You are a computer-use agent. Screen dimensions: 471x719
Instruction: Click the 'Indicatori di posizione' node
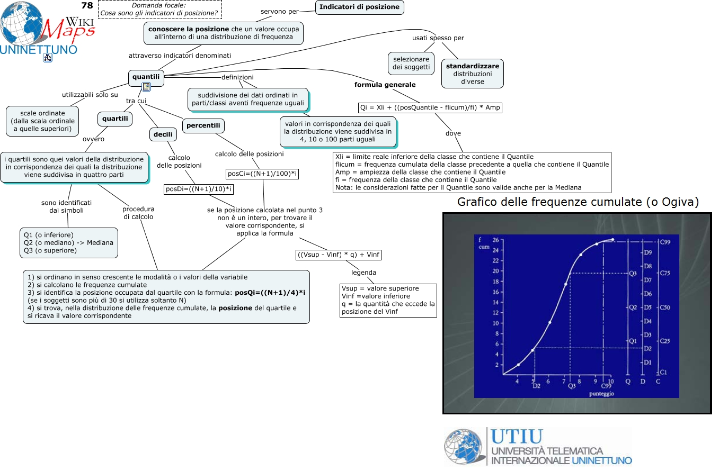coord(359,7)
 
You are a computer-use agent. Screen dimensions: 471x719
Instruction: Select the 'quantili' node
coord(146,77)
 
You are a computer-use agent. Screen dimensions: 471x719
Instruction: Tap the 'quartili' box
coord(115,119)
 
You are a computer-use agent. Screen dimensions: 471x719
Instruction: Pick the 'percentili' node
coord(203,126)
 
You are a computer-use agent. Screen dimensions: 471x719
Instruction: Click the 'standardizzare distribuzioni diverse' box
coord(472,74)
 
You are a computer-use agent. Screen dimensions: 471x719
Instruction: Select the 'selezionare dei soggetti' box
coord(411,64)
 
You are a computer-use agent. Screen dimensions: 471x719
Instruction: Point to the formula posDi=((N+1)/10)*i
coord(199,189)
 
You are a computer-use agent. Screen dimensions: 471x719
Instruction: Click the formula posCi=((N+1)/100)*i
coord(263,174)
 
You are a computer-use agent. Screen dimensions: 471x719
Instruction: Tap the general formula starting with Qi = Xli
coord(430,107)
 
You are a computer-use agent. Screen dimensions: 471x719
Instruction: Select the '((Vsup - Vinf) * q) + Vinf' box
coord(339,255)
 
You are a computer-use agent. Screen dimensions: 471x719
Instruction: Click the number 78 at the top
coord(87,6)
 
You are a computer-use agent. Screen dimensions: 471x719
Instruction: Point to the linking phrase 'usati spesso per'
coord(438,38)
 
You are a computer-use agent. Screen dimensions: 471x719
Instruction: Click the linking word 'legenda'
coord(363,273)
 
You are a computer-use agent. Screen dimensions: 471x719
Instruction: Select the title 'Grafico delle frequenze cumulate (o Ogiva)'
coord(578,202)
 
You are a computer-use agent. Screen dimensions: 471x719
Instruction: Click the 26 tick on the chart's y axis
coord(495,240)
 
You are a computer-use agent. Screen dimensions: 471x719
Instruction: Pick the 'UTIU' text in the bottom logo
coord(517,437)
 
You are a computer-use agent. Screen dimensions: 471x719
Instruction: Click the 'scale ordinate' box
coord(42,121)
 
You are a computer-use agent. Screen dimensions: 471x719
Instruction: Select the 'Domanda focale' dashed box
coord(159,8)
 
